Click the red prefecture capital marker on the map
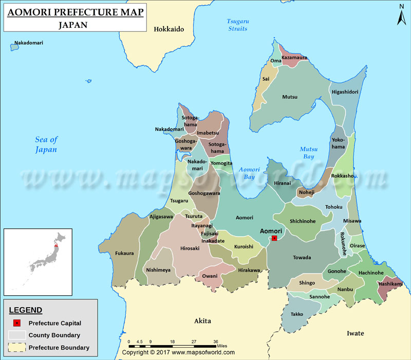(274, 238)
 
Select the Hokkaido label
(169, 29)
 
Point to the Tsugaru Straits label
(237, 25)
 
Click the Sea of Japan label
(46, 145)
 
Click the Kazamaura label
(294, 58)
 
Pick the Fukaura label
(124, 253)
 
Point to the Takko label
(296, 314)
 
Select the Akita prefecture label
(202, 321)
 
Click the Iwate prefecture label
(355, 333)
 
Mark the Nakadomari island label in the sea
(28, 42)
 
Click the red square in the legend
(17, 323)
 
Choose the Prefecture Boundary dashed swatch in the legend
(17, 348)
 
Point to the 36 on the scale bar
(216, 341)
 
